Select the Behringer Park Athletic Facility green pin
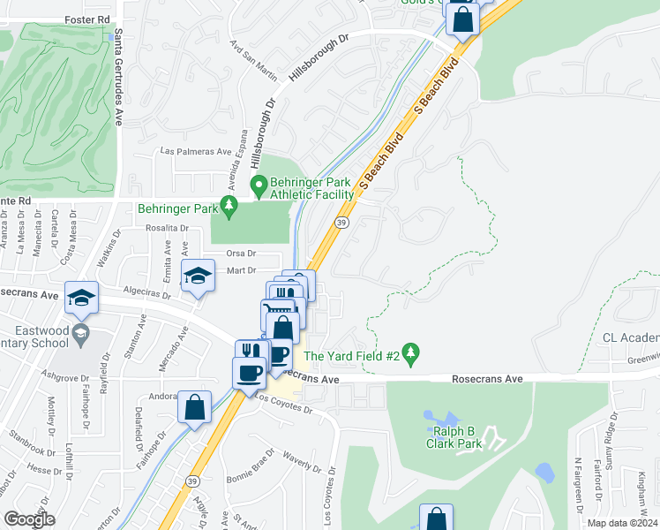click(259, 186)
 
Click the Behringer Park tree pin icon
click(230, 208)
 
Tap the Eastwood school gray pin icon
click(80, 334)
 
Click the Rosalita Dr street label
click(168, 228)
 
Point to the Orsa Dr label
click(239, 253)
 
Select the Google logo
click(29, 519)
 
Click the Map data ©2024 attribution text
click(623, 523)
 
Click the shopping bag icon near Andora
click(194, 408)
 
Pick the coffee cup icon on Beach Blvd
click(249, 371)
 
